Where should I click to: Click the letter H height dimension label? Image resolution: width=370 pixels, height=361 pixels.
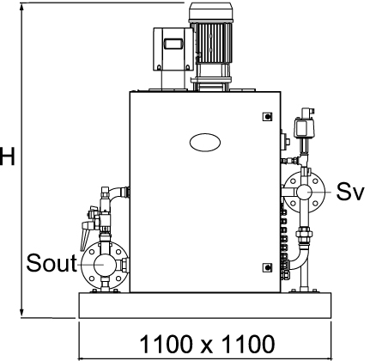pos(7,156)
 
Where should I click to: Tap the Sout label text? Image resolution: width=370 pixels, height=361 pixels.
pos(52,263)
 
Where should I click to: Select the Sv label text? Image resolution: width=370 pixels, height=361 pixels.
pos(350,191)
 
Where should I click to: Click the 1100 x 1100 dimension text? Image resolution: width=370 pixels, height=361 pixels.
pos(207,344)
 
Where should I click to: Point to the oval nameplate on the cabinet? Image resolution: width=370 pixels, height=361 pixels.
pos(205,143)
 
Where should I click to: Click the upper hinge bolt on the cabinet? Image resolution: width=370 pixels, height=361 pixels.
pos(267,117)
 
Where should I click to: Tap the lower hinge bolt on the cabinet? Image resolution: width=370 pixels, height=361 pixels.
pos(267,267)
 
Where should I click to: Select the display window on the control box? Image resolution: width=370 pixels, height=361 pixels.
pos(173,44)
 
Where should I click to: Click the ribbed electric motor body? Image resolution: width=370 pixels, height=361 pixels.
pos(213,43)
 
